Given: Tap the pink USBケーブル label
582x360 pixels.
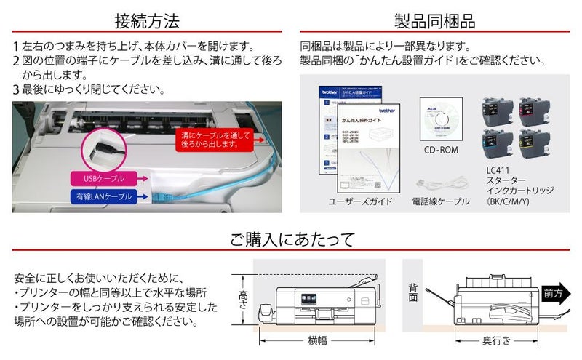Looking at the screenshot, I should (x=99, y=177).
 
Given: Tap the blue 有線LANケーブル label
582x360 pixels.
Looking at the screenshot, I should (x=104, y=196).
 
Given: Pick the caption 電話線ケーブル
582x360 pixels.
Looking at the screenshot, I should (x=441, y=201).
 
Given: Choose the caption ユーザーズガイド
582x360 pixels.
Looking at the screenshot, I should (x=360, y=201).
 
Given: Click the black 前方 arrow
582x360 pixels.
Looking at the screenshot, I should (x=557, y=293).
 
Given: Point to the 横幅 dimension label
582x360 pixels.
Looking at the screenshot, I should (x=316, y=340).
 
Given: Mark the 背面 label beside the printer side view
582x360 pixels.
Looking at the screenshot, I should (x=412, y=292).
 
